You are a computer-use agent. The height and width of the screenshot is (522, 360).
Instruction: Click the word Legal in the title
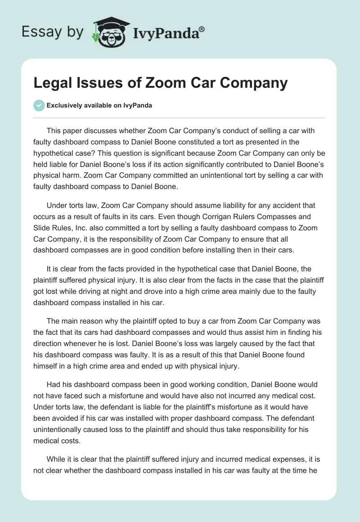point(53,83)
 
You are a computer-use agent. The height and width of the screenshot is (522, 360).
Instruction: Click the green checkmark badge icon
point(38,106)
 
